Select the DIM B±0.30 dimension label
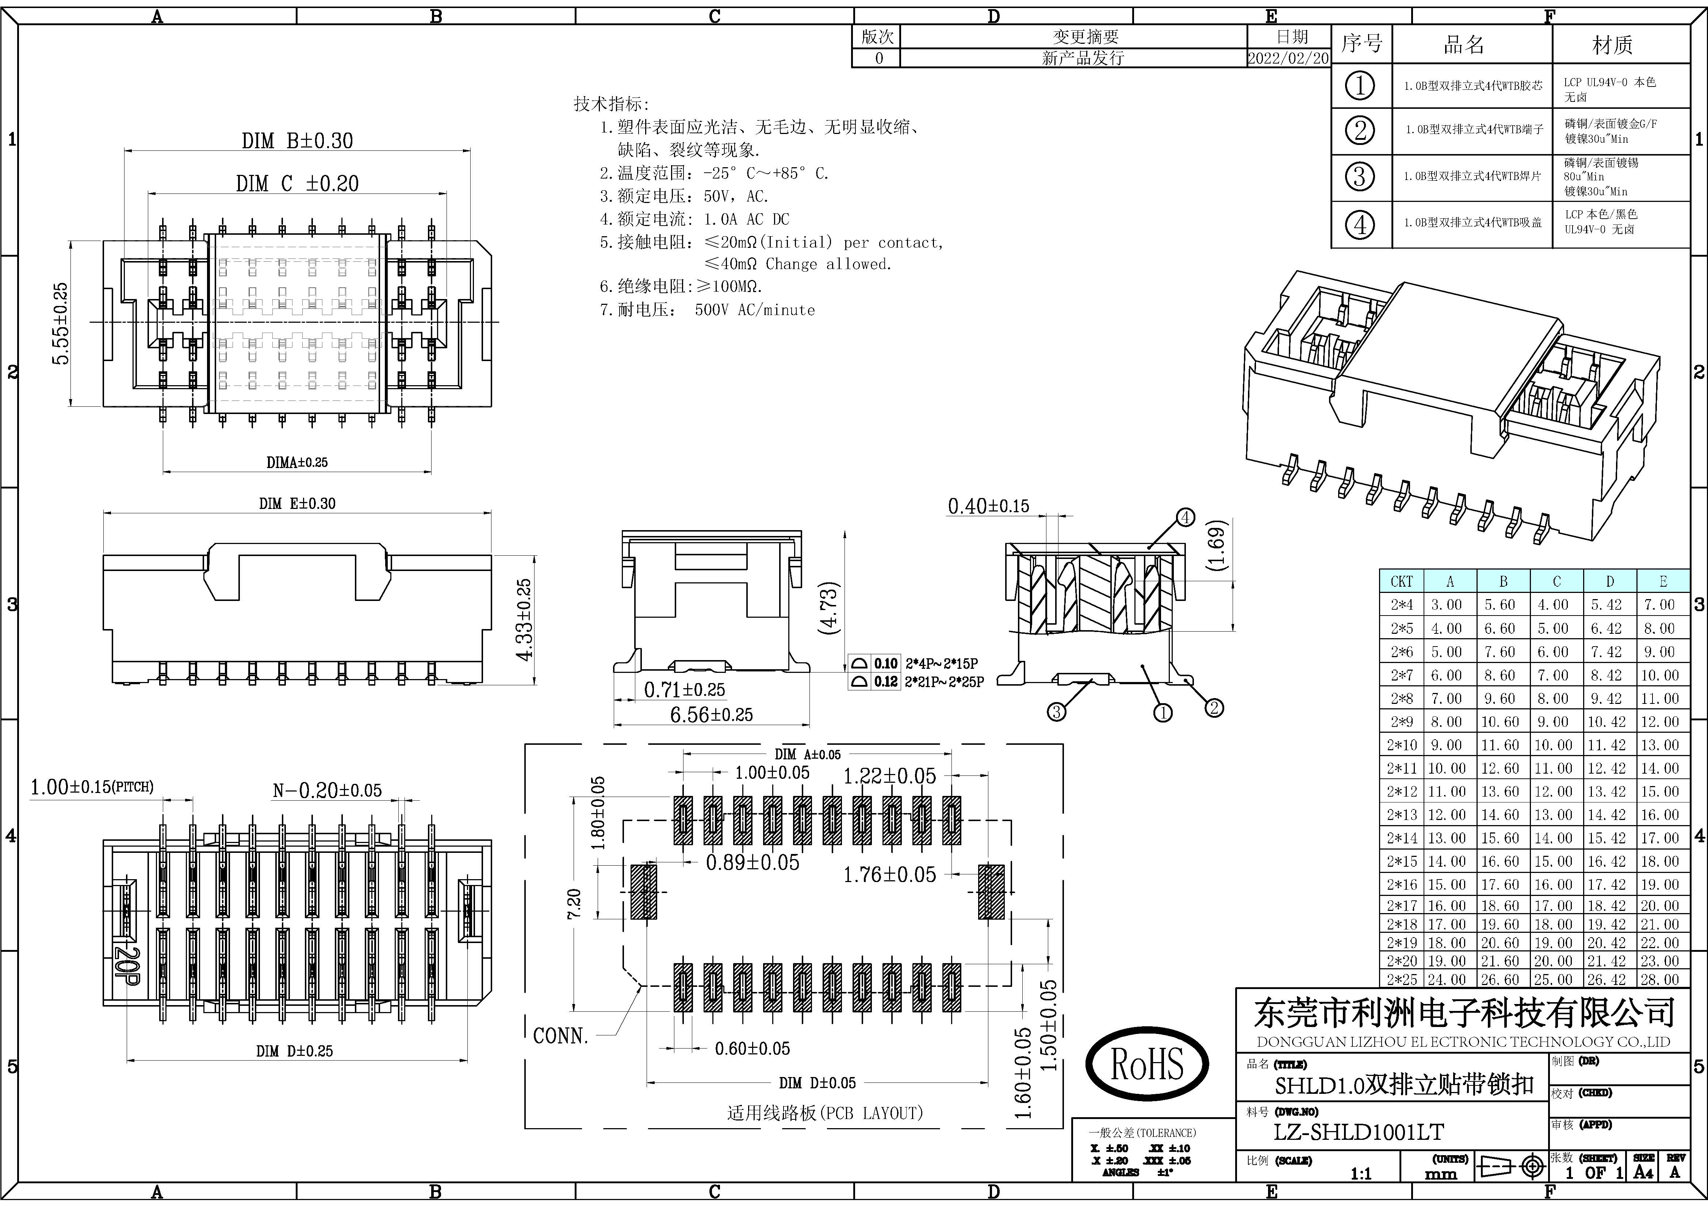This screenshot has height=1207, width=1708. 298,141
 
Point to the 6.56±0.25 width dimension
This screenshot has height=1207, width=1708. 711,715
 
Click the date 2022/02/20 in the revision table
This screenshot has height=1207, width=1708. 1288,58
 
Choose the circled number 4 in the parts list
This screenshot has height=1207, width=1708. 1360,224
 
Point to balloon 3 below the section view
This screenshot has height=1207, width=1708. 1056,712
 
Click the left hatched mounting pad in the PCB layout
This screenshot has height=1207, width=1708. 643,891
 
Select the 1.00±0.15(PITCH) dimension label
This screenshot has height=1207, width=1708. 92,787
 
